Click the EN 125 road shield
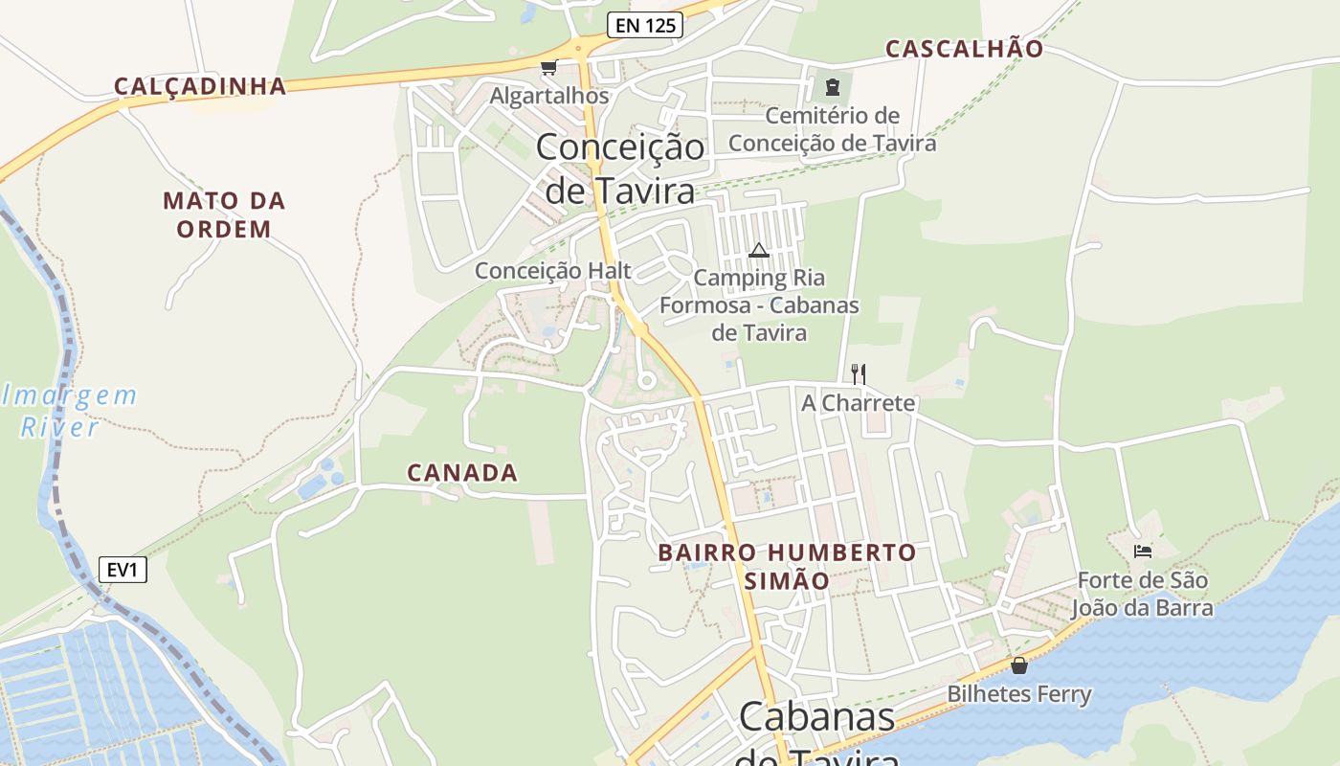[644, 26]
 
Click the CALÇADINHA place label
[200, 86]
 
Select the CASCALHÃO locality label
[964, 49]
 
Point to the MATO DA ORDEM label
[224, 214]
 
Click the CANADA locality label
[462, 472]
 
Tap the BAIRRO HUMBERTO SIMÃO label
[787, 566]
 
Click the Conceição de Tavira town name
[620, 169]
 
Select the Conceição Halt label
[553, 271]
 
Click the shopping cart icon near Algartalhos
[548, 67]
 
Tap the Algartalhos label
[549, 96]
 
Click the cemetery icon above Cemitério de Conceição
[832, 87]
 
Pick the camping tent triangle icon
[759, 251]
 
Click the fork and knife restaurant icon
[859, 373]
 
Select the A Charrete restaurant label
[858, 403]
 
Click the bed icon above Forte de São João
[1142, 551]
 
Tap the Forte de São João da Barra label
[1142, 594]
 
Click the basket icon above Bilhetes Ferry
[1019, 665]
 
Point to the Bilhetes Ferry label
[1019, 693]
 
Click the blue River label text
[59, 427]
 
